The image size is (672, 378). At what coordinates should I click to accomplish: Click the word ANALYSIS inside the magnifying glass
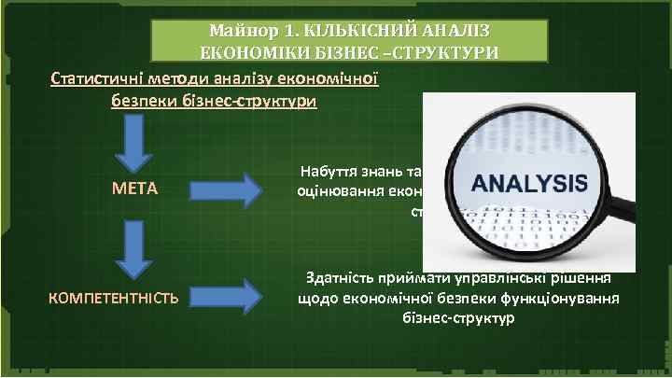(x=529, y=181)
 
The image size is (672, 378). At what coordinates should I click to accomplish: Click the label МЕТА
(x=134, y=189)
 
